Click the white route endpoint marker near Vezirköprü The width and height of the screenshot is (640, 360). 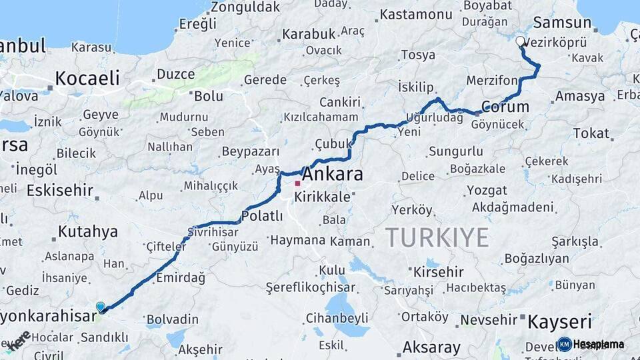coord(520,41)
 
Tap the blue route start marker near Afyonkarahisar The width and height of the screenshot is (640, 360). coord(101,307)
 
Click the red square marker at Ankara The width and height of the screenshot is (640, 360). coord(297,183)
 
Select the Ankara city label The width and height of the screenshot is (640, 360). coord(333,175)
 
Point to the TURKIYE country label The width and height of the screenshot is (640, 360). coord(437,237)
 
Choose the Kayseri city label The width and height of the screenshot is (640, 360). coord(559,323)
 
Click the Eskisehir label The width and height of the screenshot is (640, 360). coord(60,191)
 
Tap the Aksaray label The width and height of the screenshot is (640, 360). coord(431,347)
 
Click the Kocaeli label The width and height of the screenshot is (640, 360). coord(87,78)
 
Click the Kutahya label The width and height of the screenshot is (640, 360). coord(87,232)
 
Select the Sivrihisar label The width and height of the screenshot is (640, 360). coord(212,233)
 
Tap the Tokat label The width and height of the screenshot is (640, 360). coord(591,133)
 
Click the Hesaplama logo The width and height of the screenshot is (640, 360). coord(591,344)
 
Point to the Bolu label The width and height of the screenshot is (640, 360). coord(208,96)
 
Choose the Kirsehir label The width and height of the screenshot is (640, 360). coord(438,272)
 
